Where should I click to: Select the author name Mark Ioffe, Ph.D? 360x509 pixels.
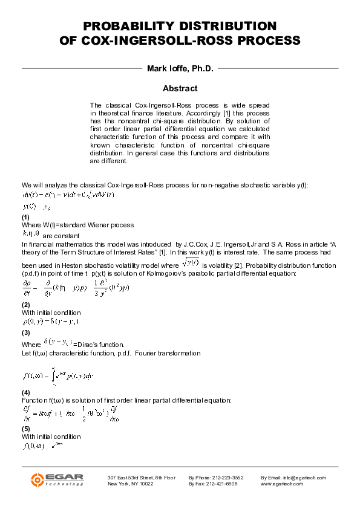[x=180, y=68]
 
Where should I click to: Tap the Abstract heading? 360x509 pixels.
[x=180, y=88]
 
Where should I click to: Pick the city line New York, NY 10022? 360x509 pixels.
[x=130, y=484]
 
